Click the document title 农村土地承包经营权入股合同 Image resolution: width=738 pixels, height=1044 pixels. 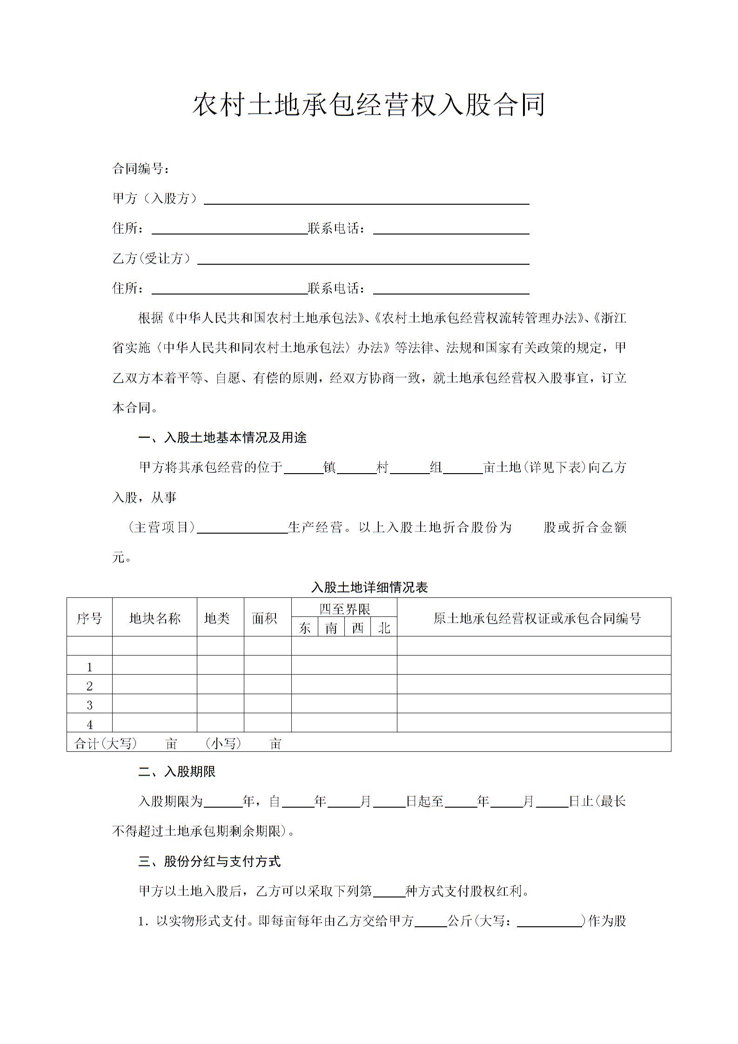point(369,105)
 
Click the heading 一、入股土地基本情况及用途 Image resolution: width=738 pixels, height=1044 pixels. point(222,438)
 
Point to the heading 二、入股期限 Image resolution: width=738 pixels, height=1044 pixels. point(177,772)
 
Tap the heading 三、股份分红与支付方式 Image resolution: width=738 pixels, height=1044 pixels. point(209,862)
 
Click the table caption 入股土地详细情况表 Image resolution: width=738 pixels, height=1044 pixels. point(369,587)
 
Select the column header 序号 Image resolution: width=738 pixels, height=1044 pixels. point(89,618)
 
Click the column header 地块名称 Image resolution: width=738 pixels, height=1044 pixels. point(154,618)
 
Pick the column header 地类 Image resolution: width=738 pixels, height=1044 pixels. point(217,618)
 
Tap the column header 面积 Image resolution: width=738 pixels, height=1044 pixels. point(264,618)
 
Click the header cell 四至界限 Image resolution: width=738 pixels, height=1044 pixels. point(344,609)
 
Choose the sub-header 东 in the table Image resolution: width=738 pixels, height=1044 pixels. point(305,628)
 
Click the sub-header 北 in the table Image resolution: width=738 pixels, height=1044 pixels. point(384,628)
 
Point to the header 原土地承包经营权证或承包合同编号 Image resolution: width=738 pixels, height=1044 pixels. point(537,618)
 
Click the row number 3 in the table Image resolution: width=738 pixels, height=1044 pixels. point(90,705)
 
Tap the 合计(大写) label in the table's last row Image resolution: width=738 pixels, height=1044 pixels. point(106,743)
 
